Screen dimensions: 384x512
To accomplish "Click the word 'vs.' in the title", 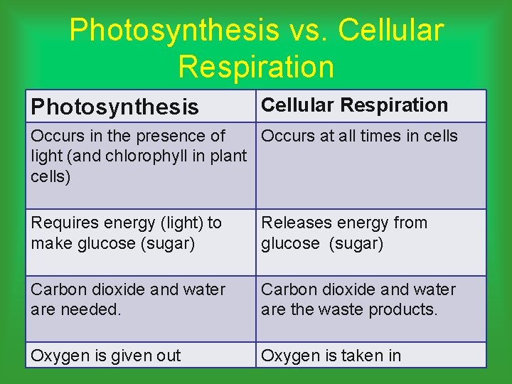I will (306, 30).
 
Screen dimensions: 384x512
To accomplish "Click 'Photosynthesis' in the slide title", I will (174, 30).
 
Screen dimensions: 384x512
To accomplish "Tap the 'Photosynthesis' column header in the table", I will (114, 107).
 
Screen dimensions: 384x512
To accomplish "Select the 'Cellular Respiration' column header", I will (354, 105).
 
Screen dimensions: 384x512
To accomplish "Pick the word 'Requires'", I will (65, 223).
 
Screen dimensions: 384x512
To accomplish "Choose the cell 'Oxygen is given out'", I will (106, 355).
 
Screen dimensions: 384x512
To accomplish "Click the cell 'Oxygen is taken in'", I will (331, 355).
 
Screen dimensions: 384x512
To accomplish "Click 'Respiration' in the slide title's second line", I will (256, 66).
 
